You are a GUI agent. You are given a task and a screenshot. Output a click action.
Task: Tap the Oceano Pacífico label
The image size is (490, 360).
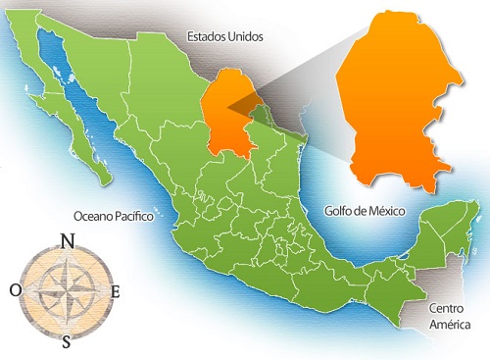114,216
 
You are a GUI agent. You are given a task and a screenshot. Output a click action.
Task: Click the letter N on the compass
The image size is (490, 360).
67,241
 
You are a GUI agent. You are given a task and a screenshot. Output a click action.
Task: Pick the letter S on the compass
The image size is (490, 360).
67,341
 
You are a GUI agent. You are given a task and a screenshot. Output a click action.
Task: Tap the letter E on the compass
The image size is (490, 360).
116,291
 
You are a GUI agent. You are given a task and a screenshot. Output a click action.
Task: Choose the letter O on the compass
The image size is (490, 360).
16,290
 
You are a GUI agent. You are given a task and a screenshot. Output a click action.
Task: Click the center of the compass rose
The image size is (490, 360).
67,290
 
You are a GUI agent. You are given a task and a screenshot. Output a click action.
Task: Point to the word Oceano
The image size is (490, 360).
91,216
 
